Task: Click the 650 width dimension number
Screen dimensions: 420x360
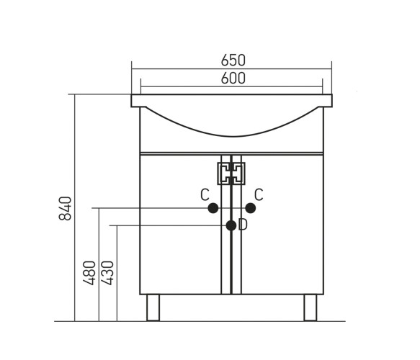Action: (233, 60)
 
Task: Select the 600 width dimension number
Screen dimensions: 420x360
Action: (233, 78)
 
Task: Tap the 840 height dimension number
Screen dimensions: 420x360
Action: (65, 209)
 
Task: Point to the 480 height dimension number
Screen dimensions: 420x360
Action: (89, 273)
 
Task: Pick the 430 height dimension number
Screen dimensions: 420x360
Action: (107, 273)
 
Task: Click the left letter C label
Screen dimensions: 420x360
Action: (205, 195)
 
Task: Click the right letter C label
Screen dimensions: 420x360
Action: (259, 195)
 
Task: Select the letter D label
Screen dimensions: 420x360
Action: (243, 225)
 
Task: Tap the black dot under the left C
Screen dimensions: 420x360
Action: (213, 208)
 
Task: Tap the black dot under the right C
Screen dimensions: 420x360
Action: (251, 208)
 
